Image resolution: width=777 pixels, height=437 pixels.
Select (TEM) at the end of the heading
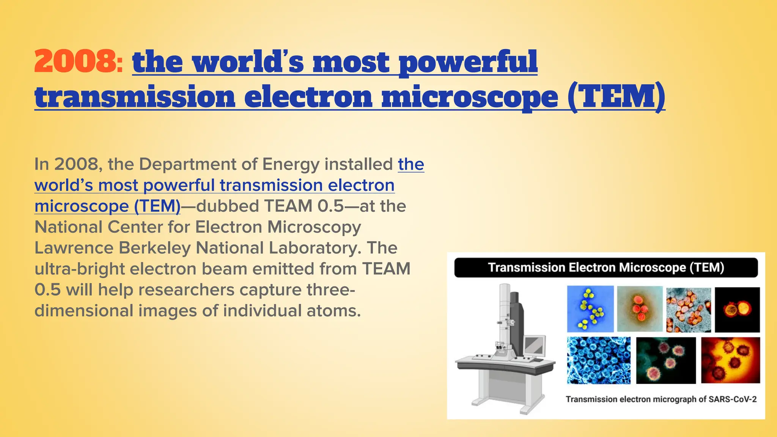pyautogui.click(x=616, y=97)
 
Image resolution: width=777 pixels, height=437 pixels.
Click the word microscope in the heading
pyautogui.click(x=470, y=97)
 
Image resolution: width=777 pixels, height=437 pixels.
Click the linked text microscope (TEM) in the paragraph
pyautogui.click(x=107, y=206)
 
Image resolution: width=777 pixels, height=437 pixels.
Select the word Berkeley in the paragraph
pyautogui.click(x=155, y=248)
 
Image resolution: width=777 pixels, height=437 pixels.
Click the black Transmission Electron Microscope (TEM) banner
pyautogui.click(x=606, y=267)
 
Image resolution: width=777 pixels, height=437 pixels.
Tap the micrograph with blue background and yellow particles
pyautogui.click(x=590, y=309)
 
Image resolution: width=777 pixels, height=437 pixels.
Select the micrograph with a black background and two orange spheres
pyautogui.click(x=737, y=310)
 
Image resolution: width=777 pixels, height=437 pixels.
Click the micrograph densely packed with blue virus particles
pyautogui.click(x=598, y=360)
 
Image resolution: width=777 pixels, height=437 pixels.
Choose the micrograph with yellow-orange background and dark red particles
pyautogui.click(x=730, y=360)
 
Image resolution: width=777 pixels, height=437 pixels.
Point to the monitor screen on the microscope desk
pyautogui.click(x=534, y=345)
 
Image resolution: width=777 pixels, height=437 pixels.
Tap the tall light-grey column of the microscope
pyautogui.click(x=504, y=311)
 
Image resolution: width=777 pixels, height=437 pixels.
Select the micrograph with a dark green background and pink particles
pyautogui.click(x=666, y=360)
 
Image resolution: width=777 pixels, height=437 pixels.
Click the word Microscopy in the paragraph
pyautogui.click(x=314, y=227)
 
